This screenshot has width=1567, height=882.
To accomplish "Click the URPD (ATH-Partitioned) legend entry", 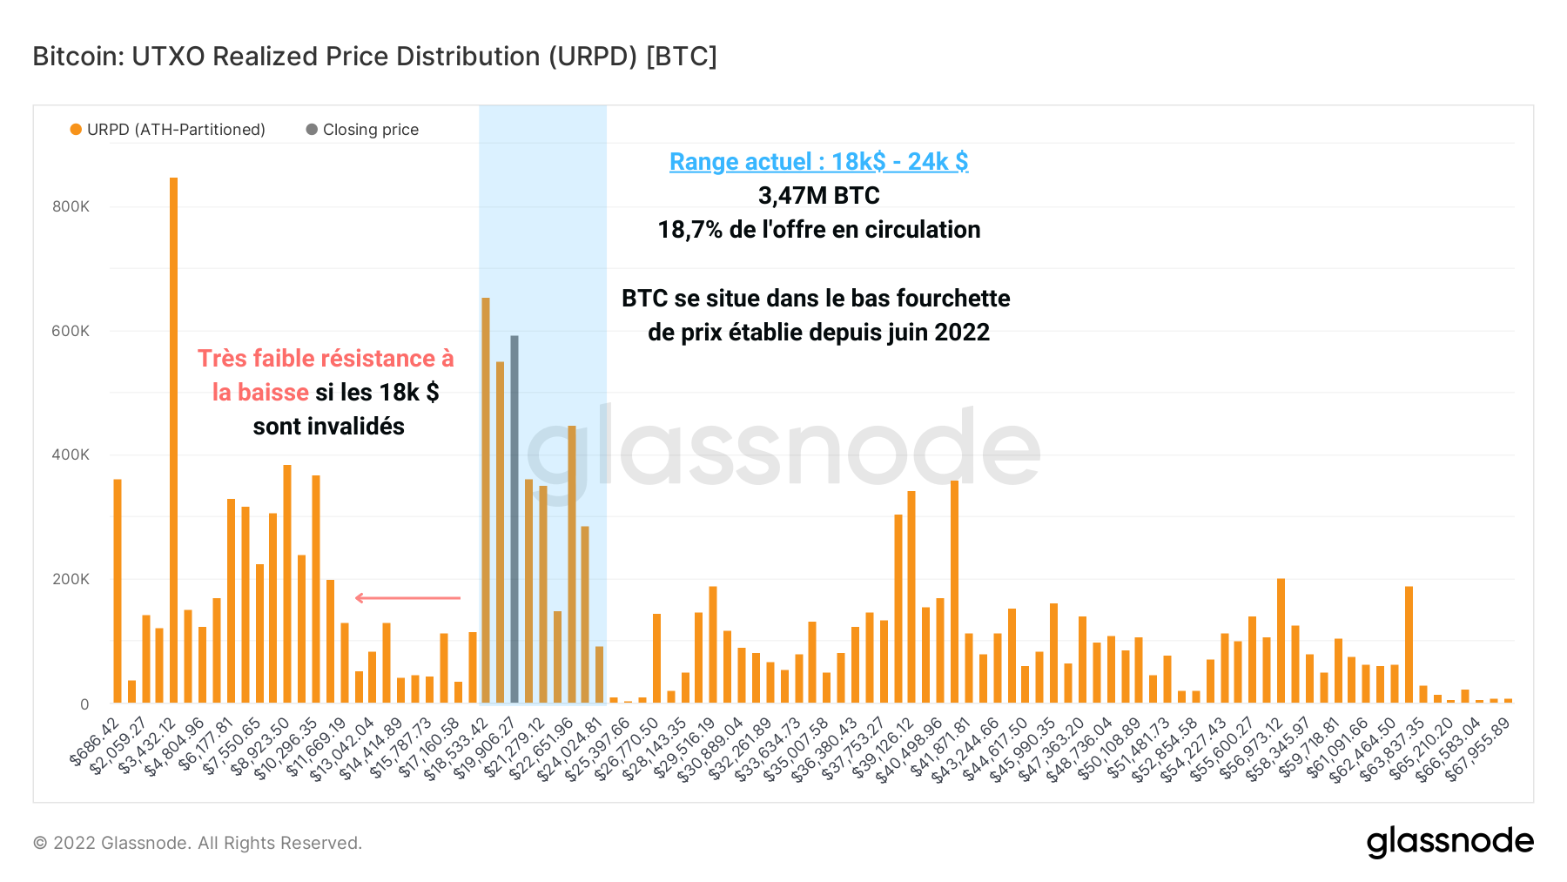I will click(176, 130).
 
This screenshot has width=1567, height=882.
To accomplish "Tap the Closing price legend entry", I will click(370, 130).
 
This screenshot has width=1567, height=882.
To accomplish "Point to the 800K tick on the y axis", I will click(71, 206).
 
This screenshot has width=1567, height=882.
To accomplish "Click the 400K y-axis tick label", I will click(71, 454).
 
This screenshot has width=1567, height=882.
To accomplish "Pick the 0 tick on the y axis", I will click(84, 704).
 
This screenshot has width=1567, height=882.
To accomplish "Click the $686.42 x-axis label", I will click(96, 743).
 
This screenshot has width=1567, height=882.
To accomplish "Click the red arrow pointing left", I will click(407, 598).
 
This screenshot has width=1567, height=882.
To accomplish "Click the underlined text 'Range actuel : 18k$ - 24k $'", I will click(818, 162).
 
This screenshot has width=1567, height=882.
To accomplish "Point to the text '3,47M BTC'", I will click(818, 196).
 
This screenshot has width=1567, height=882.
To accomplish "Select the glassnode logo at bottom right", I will click(1449, 842).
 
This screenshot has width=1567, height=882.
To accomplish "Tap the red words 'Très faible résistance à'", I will click(326, 359).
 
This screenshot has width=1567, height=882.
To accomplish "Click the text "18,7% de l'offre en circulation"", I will click(818, 230).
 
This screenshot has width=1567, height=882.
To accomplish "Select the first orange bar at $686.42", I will click(118, 592).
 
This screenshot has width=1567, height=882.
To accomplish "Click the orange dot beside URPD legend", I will click(77, 130).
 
